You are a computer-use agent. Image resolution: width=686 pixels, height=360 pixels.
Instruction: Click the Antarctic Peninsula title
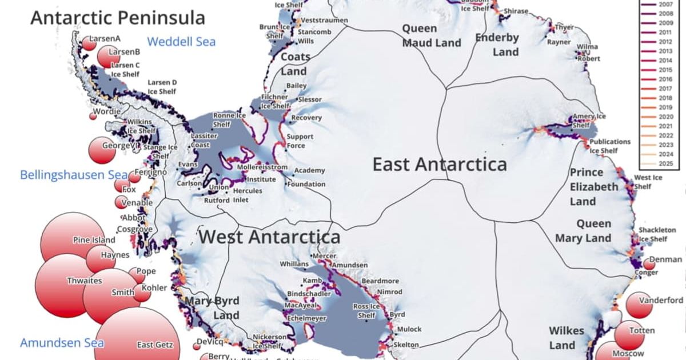click(x=117, y=17)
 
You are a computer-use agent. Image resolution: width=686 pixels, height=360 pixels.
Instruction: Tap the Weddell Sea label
click(x=181, y=42)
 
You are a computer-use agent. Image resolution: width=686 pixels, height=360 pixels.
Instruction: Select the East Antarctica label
click(x=440, y=165)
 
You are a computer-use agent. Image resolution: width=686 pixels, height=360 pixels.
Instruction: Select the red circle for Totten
click(x=631, y=334)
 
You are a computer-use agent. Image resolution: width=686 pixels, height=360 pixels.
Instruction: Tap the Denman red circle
click(x=649, y=263)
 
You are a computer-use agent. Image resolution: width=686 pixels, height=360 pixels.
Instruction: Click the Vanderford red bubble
click(x=639, y=305)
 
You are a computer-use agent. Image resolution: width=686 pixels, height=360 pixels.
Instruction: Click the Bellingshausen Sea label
click(x=66, y=175)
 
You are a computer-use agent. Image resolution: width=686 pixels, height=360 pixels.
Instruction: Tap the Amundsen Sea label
click(x=62, y=343)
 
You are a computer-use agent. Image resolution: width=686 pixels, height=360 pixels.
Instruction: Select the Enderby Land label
click(x=497, y=45)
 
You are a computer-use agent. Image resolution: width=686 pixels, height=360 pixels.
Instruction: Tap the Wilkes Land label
click(x=567, y=338)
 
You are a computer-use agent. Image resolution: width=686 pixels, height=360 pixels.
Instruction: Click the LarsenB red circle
click(x=109, y=56)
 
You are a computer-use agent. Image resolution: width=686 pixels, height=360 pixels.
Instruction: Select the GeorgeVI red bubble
click(x=102, y=150)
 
